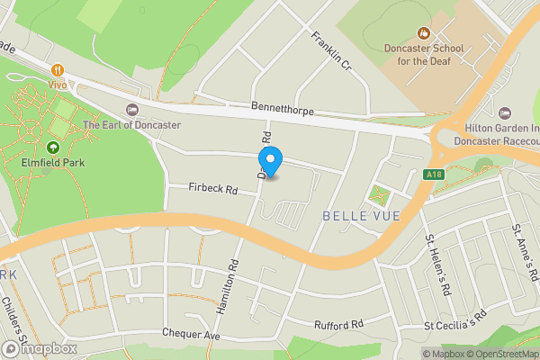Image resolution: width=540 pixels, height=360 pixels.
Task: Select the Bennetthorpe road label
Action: point(286,106)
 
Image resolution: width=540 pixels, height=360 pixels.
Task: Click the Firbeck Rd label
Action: point(211,190)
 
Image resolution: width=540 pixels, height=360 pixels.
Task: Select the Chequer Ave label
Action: point(191,334)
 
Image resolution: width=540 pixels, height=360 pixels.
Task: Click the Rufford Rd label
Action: point(337,324)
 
